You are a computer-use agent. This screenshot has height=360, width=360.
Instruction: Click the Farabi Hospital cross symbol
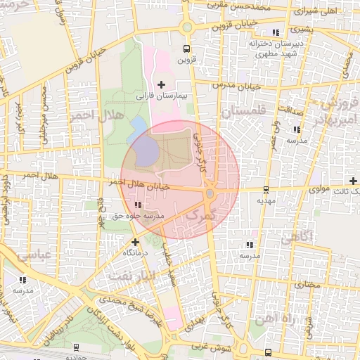[162, 84]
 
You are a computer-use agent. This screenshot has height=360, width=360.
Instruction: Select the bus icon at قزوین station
[186, 49]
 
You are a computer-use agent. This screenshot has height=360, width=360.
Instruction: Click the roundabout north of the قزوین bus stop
[186, 28]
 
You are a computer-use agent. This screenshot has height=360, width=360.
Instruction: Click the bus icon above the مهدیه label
[265, 189]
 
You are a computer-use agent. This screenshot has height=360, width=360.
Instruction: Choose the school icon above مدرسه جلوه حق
[137, 205]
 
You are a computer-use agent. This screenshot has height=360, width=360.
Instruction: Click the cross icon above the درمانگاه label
[135, 242]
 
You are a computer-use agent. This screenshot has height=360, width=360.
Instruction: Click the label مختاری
[307, 285]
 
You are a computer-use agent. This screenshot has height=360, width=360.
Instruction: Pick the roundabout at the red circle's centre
[210, 193]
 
